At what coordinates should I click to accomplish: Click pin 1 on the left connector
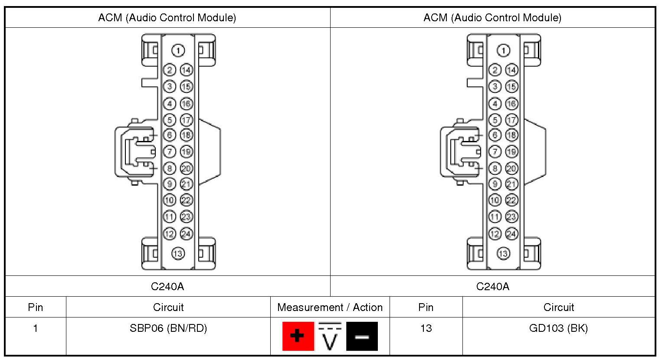point(178,51)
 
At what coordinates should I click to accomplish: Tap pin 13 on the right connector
point(503,253)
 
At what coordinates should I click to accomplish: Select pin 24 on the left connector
point(186,234)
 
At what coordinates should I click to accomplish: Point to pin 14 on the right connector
point(511,70)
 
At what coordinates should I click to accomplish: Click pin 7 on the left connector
point(170,152)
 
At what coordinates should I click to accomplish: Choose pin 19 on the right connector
point(511,152)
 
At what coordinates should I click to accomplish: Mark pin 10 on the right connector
point(495,200)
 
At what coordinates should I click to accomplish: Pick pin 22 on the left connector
point(186,200)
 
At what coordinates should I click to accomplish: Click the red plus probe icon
point(298,336)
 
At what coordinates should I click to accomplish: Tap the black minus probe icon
point(362,336)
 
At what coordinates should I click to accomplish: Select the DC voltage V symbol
point(330,336)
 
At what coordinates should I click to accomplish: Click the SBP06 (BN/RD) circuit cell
point(168,328)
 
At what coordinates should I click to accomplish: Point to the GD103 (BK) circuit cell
point(558,328)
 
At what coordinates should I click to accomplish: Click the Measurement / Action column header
point(330,308)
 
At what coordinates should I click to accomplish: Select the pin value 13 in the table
point(426,328)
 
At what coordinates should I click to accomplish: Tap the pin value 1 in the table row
point(36,328)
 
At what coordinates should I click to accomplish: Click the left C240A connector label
point(167,286)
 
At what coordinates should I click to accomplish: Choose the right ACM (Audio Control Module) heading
point(492,18)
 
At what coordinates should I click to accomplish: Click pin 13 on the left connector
point(178,253)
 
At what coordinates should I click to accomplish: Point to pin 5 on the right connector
point(495,120)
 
